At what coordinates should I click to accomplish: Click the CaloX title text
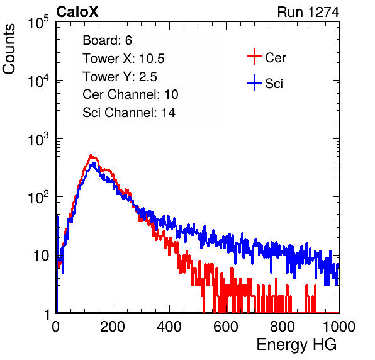coord(77,12)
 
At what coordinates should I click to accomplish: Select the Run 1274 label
coord(308,12)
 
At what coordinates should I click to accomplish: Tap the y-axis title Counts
coord(9,49)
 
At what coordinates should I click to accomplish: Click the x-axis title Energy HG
coord(296,345)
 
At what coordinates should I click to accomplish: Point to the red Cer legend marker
coord(254,57)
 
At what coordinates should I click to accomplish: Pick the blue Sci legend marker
coord(254,83)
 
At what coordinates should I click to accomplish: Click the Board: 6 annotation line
coord(108,40)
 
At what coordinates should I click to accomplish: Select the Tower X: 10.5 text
coord(123,59)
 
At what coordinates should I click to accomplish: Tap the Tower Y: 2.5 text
coord(120,77)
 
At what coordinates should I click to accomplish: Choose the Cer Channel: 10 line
coord(130,94)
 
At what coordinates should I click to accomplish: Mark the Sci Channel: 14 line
coord(129,113)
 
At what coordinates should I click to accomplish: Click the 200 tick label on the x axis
coord(113,327)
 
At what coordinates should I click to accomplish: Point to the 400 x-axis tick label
coord(169,327)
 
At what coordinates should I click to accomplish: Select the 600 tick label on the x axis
coord(226,327)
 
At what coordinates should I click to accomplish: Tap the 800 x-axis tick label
coord(283,327)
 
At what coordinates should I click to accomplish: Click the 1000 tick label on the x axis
coord(339,327)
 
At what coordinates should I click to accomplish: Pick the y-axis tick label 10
coord(41,256)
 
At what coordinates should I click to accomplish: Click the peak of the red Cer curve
coord(91,155)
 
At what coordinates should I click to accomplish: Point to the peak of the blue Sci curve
coord(94,164)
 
